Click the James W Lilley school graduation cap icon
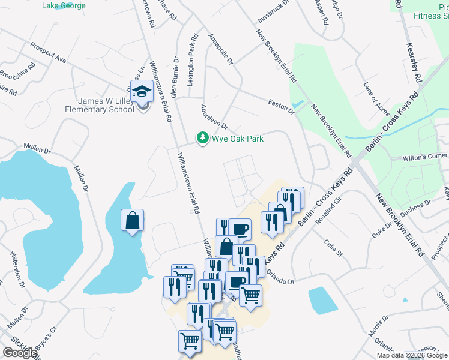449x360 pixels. [142, 92]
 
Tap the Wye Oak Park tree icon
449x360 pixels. [203, 139]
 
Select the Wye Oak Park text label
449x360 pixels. [237, 139]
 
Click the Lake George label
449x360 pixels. [64, 5]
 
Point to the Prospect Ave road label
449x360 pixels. [48, 53]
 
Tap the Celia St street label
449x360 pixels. [333, 248]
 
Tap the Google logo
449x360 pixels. [20, 353]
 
